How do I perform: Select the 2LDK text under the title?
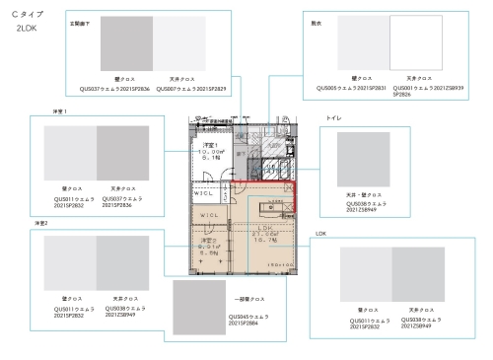click(x=27, y=30)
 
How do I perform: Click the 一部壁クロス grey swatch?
click(x=199, y=307)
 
